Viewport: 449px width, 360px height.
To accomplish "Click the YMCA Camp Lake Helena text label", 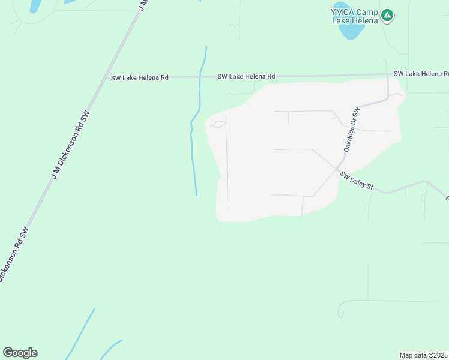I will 355,16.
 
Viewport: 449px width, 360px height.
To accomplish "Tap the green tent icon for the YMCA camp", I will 388,15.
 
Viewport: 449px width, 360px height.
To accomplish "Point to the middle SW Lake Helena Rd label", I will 246,76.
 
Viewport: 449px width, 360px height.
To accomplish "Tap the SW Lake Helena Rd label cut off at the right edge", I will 421,74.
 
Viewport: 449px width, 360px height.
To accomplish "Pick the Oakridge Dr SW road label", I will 351,129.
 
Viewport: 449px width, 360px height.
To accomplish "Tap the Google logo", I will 20,353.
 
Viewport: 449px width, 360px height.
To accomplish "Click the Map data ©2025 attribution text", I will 424,355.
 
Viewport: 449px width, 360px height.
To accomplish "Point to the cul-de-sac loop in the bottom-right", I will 341,311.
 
